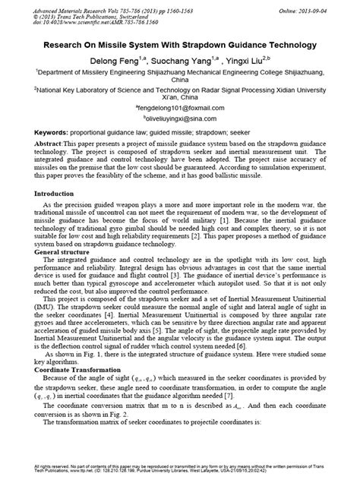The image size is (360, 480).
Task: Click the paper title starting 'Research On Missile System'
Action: [180, 45]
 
